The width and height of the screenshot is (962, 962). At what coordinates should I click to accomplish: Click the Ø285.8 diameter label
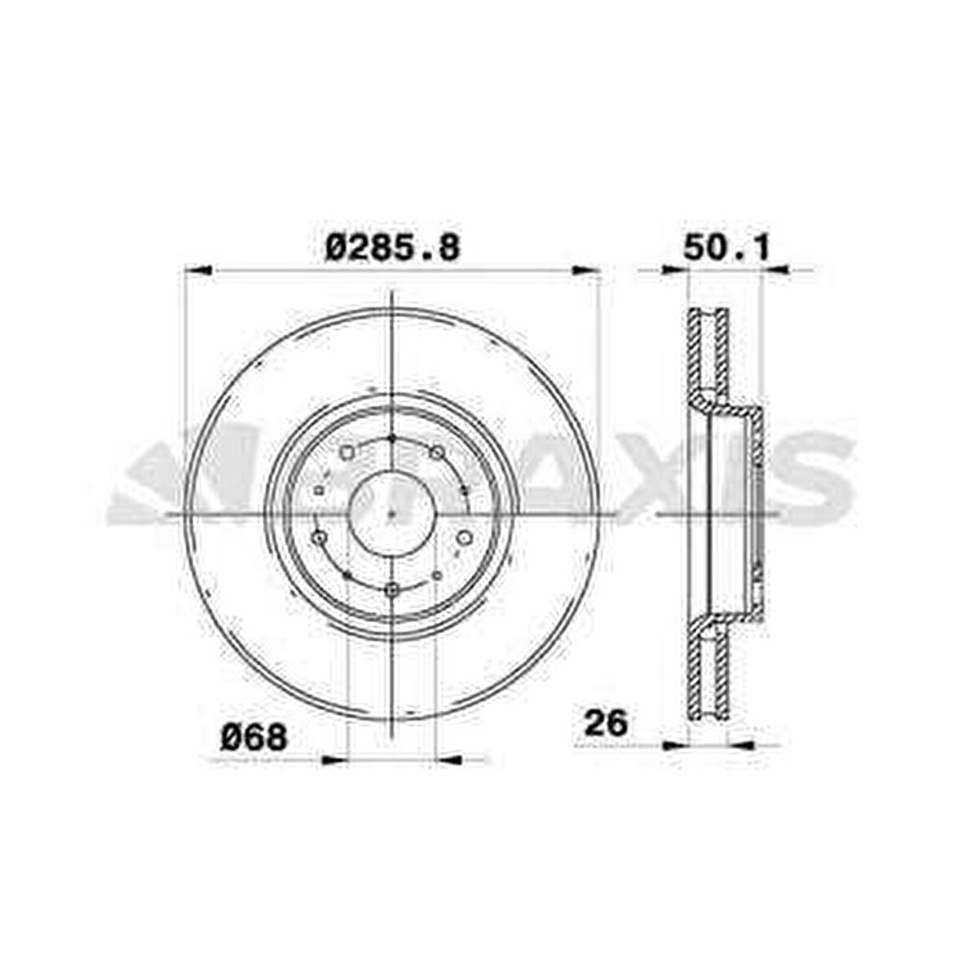392,247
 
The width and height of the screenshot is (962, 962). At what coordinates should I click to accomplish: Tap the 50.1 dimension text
726,247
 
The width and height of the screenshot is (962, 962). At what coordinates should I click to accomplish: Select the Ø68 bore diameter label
255,738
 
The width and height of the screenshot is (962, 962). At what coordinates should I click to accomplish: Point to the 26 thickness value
603,722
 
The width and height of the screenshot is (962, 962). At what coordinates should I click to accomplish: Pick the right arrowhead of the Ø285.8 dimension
587,270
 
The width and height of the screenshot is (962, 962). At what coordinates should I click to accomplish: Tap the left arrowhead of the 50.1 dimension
676,270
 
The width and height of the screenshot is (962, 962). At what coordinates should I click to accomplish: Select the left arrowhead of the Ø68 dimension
334,760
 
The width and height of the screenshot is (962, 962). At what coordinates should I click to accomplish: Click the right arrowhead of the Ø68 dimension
450,760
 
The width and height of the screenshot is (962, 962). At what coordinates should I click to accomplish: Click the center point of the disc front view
392,514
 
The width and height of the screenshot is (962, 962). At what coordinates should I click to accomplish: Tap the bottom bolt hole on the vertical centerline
392,589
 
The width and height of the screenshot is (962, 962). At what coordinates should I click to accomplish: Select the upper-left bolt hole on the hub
346,452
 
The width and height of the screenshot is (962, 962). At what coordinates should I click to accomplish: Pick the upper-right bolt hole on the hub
438,452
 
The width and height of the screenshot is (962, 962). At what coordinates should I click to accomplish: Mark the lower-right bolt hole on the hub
465,537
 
